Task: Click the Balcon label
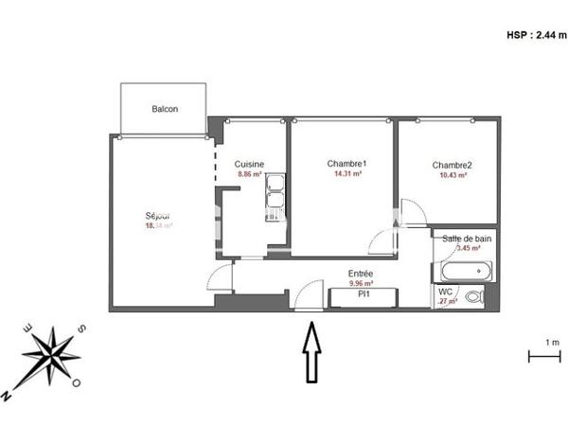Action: point(165,109)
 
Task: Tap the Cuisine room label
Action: point(249,164)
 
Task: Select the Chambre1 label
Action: point(346,163)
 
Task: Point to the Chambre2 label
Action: point(452,165)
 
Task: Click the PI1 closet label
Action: point(362,294)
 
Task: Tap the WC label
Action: point(445,293)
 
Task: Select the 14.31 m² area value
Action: point(346,174)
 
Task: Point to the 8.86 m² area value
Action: point(249,174)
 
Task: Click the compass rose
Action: point(51,357)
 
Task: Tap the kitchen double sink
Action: point(275,193)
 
